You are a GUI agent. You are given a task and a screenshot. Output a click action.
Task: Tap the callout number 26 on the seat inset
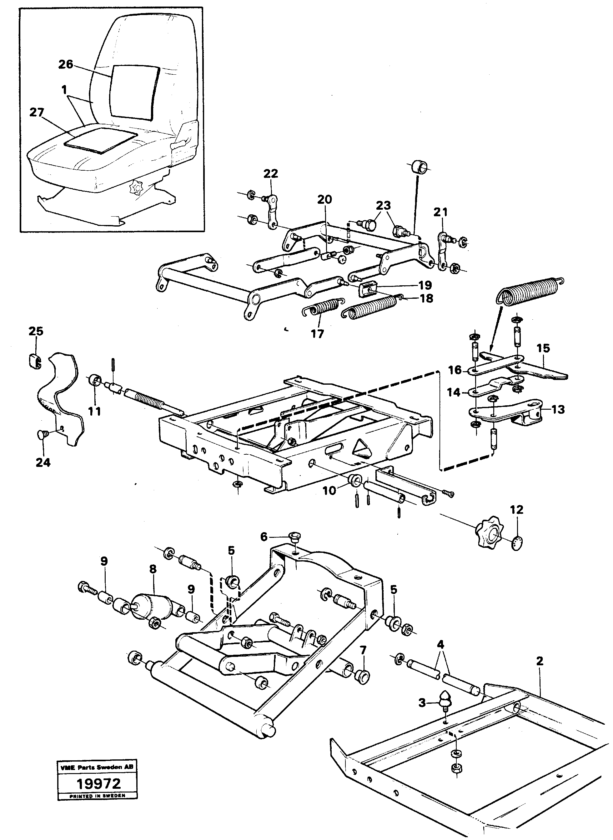(66, 64)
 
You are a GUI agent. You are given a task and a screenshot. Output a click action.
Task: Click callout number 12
(517, 510)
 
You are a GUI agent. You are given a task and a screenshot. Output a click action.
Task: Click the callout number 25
(36, 331)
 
